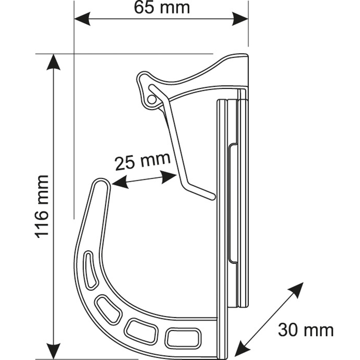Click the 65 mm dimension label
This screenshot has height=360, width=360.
pos(162,8)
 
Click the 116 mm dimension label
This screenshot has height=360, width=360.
pos(42,207)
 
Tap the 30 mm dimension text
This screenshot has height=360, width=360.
pos(306,330)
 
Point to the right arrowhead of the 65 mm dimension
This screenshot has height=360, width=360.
pos(240,19)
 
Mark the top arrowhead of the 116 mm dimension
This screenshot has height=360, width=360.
pos(53,62)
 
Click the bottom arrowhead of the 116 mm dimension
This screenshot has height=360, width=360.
pos(53,351)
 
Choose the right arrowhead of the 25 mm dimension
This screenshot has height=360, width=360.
pos(169,177)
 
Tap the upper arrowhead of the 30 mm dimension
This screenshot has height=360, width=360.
pos(296,290)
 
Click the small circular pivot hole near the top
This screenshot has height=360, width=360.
pos(151,99)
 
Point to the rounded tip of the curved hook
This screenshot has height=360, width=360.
pos(101,182)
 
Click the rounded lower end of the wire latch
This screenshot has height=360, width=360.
pos(212,196)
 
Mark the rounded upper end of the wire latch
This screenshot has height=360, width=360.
pos(152,87)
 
